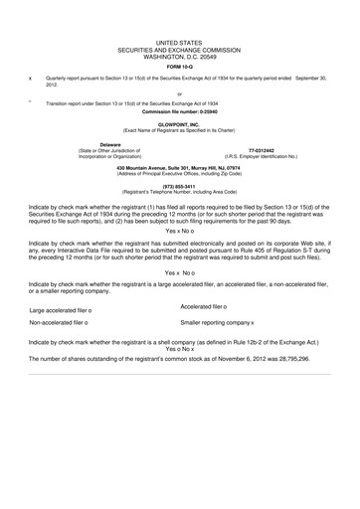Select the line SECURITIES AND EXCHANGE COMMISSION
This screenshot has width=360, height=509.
point(180,50)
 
